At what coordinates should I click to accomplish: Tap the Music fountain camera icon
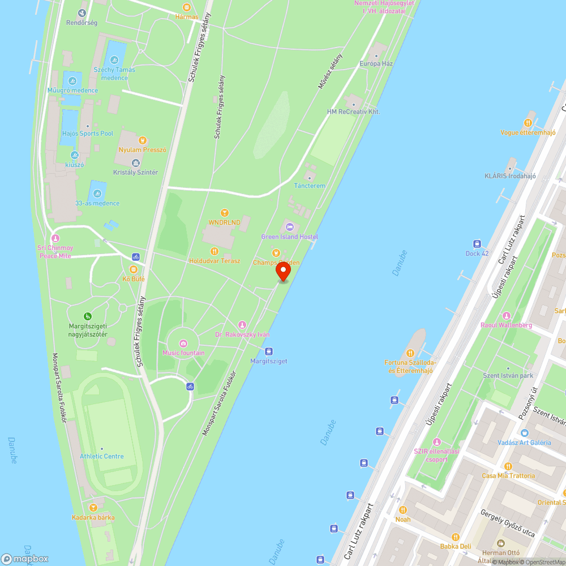pyautogui.click(x=183, y=344)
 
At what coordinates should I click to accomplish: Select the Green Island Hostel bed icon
pyautogui.click(x=290, y=227)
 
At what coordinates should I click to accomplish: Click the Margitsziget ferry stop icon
pyautogui.click(x=269, y=351)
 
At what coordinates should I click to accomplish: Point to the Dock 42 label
pyautogui.click(x=477, y=253)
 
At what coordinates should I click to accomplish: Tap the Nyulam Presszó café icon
pyautogui.click(x=143, y=140)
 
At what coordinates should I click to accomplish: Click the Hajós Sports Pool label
pyautogui.click(x=88, y=134)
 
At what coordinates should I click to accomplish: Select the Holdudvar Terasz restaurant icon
pyautogui.click(x=214, y=251)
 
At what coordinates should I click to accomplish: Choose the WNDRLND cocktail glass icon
pyautogui.click(x=224, y=213)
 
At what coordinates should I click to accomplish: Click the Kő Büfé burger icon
pyautogui.click(x=134, y=269)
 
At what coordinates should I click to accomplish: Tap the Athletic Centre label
pyautogui.click(x=102, y=456)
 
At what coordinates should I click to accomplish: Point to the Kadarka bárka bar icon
pyautogui.click(x=93, y=508)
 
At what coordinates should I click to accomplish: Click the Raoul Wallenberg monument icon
pyautogui.click(x=506, y=316)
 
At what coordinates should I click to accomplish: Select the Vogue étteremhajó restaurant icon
pyautogui.click(x=528, y=122)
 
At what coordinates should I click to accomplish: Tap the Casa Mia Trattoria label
pyautogui.click(x=508, y=475)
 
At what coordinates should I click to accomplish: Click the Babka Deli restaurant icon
pyautogui.click(x=456, y=537)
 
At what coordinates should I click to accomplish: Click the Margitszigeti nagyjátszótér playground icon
pyautogui.click(x=88, y=316)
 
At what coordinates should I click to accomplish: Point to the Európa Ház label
pyautogui.click(x=376, y=63)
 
